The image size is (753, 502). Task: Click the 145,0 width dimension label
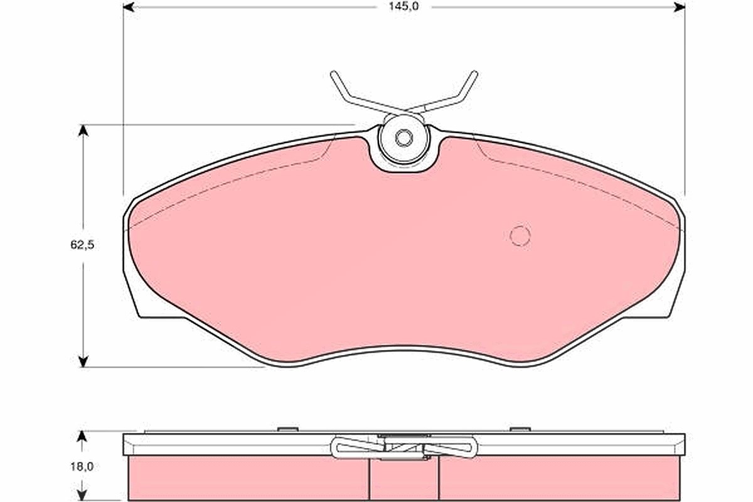click(x=403, y=6)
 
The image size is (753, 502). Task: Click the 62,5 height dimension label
click(x=82, y=245)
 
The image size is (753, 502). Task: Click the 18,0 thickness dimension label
click(x=82, y=466)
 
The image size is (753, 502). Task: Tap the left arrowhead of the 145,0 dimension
click(x=129, y=7)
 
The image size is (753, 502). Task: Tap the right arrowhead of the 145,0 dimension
click(x=680, y=7)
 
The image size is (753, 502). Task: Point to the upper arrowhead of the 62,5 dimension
click(x=83, y=131)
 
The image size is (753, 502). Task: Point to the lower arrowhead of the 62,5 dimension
click(x=83, y=361)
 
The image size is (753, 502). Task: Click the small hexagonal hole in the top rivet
click(x=403, y=138)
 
